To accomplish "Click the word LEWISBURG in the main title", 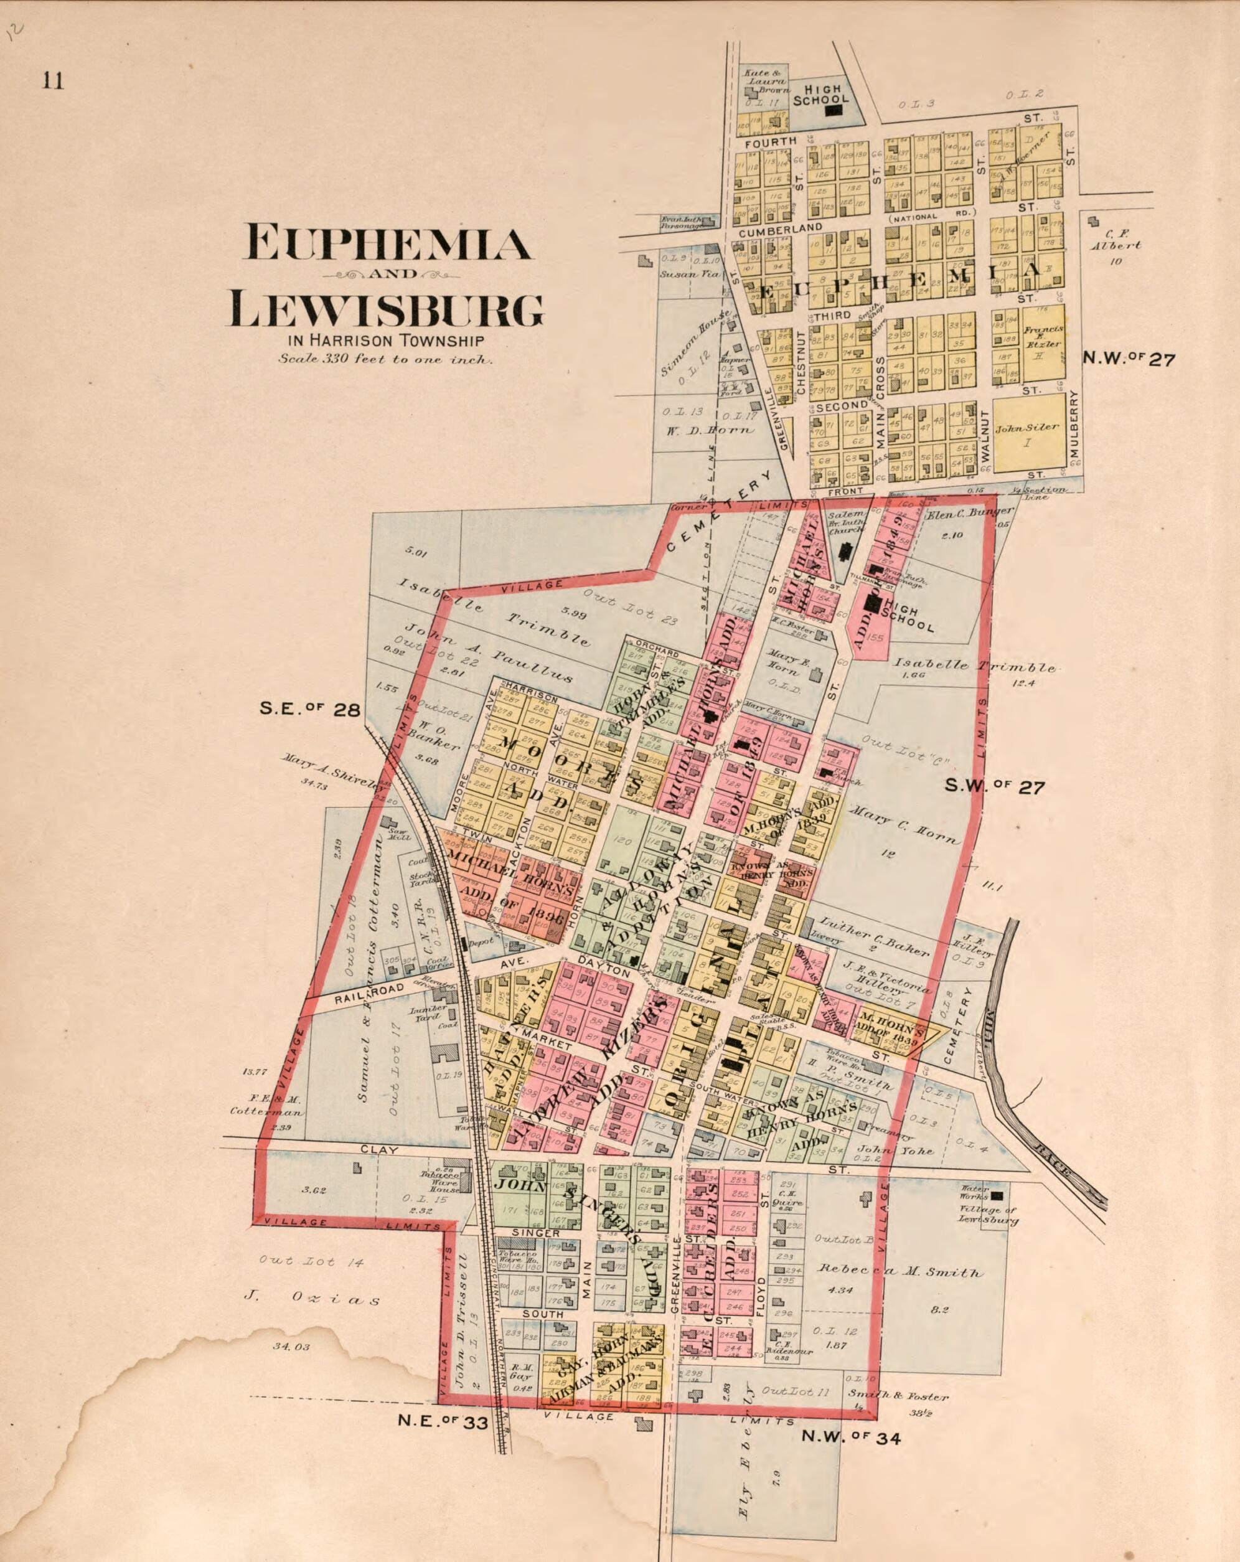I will click(x=387, y=309).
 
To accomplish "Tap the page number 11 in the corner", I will click(x=53, y=80).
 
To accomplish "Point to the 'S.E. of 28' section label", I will click(x=310, y=710).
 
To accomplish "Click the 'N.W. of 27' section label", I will click(x=1129, y=359).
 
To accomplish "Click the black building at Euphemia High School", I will click(x=834, y=111).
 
